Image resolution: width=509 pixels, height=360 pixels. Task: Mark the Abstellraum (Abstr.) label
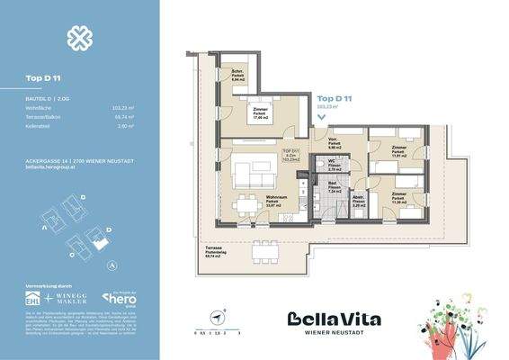(x=357, y=202)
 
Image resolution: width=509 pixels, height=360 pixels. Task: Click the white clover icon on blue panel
(x=78, y=39)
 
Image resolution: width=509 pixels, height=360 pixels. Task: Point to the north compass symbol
(x=219, y=315)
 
